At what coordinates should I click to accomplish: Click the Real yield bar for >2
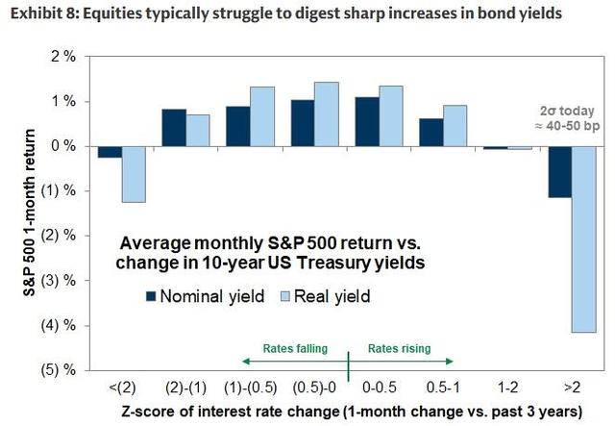pos(584,239)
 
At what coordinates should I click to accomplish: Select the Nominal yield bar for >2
pos(559,172)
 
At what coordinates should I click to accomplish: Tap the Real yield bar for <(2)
pos(134,174)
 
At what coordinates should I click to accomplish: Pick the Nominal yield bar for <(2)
pos(110,152)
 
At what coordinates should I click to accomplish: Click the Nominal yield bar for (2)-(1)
pos(174,128)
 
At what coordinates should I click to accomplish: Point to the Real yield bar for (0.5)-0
pos(327,114)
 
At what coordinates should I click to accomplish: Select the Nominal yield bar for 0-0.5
pos(367,122)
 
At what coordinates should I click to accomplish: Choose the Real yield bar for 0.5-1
pos(455,126)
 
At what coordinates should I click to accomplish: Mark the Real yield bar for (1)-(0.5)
pos(262,116)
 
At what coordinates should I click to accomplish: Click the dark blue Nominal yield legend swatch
pos(151,296)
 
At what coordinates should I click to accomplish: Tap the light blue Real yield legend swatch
pos(284,296)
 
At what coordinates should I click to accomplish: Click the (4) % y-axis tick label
pos(59,325)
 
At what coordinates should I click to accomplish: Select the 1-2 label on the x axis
pos(507,388)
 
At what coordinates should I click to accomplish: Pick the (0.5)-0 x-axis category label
pos(314,388)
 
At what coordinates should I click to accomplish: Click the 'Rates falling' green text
pos(295,349)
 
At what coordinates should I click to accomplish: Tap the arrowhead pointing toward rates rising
pos(450,362)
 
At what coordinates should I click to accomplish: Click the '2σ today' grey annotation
pos(567,112)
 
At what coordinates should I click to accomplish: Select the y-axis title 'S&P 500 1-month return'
pos(30,213)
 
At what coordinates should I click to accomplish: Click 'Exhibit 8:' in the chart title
pos(44,13)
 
